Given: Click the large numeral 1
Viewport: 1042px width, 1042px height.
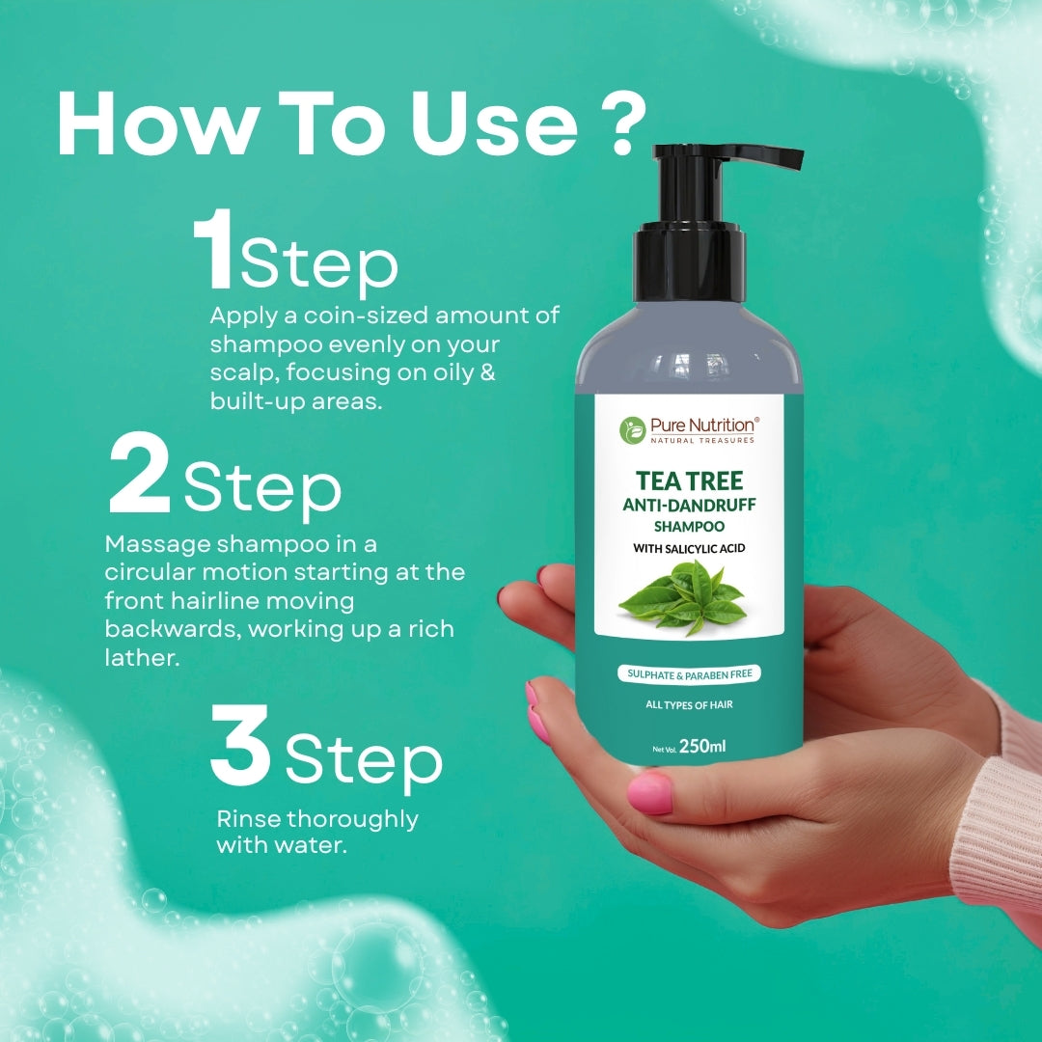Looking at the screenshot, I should [212, 253].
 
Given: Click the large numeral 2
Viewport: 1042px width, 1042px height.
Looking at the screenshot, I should [140, 474].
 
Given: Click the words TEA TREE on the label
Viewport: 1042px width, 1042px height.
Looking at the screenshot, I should [689, 480].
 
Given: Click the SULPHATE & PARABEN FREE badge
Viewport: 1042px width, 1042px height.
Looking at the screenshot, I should [689, 673].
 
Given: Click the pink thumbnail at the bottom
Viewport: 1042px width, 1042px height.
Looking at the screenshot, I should [649, 793].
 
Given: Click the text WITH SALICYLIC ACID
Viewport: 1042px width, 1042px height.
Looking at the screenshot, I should [689, 549].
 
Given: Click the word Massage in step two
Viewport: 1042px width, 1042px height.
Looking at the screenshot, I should [157, 543].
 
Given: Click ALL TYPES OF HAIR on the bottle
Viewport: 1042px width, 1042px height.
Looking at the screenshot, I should [689, 705].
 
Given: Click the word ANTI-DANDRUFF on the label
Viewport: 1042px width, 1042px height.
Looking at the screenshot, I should [689, 506].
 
